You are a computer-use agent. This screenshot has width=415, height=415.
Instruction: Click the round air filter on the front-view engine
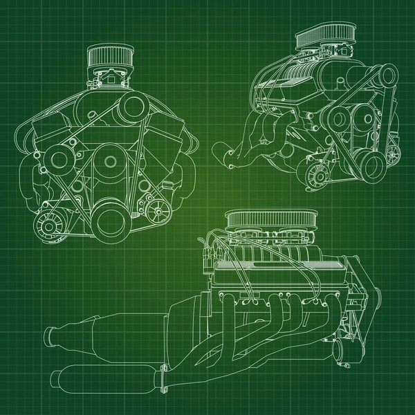107,59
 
